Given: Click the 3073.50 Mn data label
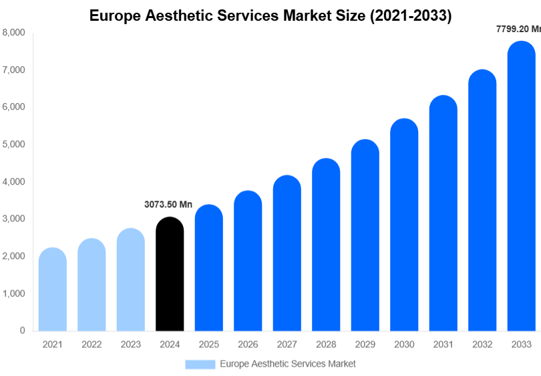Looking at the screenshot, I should coord(168,205).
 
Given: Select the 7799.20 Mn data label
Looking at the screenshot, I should coord(518,29).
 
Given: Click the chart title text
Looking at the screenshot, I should coord(270,16).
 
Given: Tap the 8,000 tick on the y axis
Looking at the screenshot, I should coord(14,32).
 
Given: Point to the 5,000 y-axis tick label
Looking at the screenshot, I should coord(14,144).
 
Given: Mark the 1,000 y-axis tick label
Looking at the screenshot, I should coord(14,293).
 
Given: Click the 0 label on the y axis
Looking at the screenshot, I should coord(23,331).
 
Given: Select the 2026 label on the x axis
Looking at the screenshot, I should coord(248,345).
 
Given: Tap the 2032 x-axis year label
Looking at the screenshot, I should coord(482,345).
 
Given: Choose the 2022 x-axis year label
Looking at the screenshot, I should coord(92,345).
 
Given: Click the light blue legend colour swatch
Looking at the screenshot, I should coord(200,364).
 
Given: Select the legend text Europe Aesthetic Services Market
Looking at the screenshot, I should coord(288,364).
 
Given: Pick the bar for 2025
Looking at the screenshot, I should coord(208,268).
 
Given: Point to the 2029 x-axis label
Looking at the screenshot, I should coord(365,345).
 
